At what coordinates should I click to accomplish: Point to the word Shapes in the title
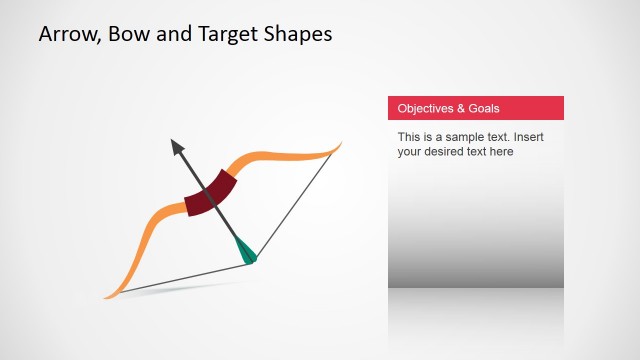pos(298,34)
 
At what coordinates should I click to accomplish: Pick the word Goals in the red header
pos(484,108)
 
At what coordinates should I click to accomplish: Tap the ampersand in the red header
pos(461,108)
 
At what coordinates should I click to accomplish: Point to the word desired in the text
pos(447,152)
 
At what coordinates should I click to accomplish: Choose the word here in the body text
pos(501,152)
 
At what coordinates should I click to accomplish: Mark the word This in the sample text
pos(409,136)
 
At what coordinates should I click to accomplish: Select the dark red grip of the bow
pos(210,193)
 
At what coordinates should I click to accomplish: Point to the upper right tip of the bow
pos(339,146)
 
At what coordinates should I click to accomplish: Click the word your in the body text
pos(411,152)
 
